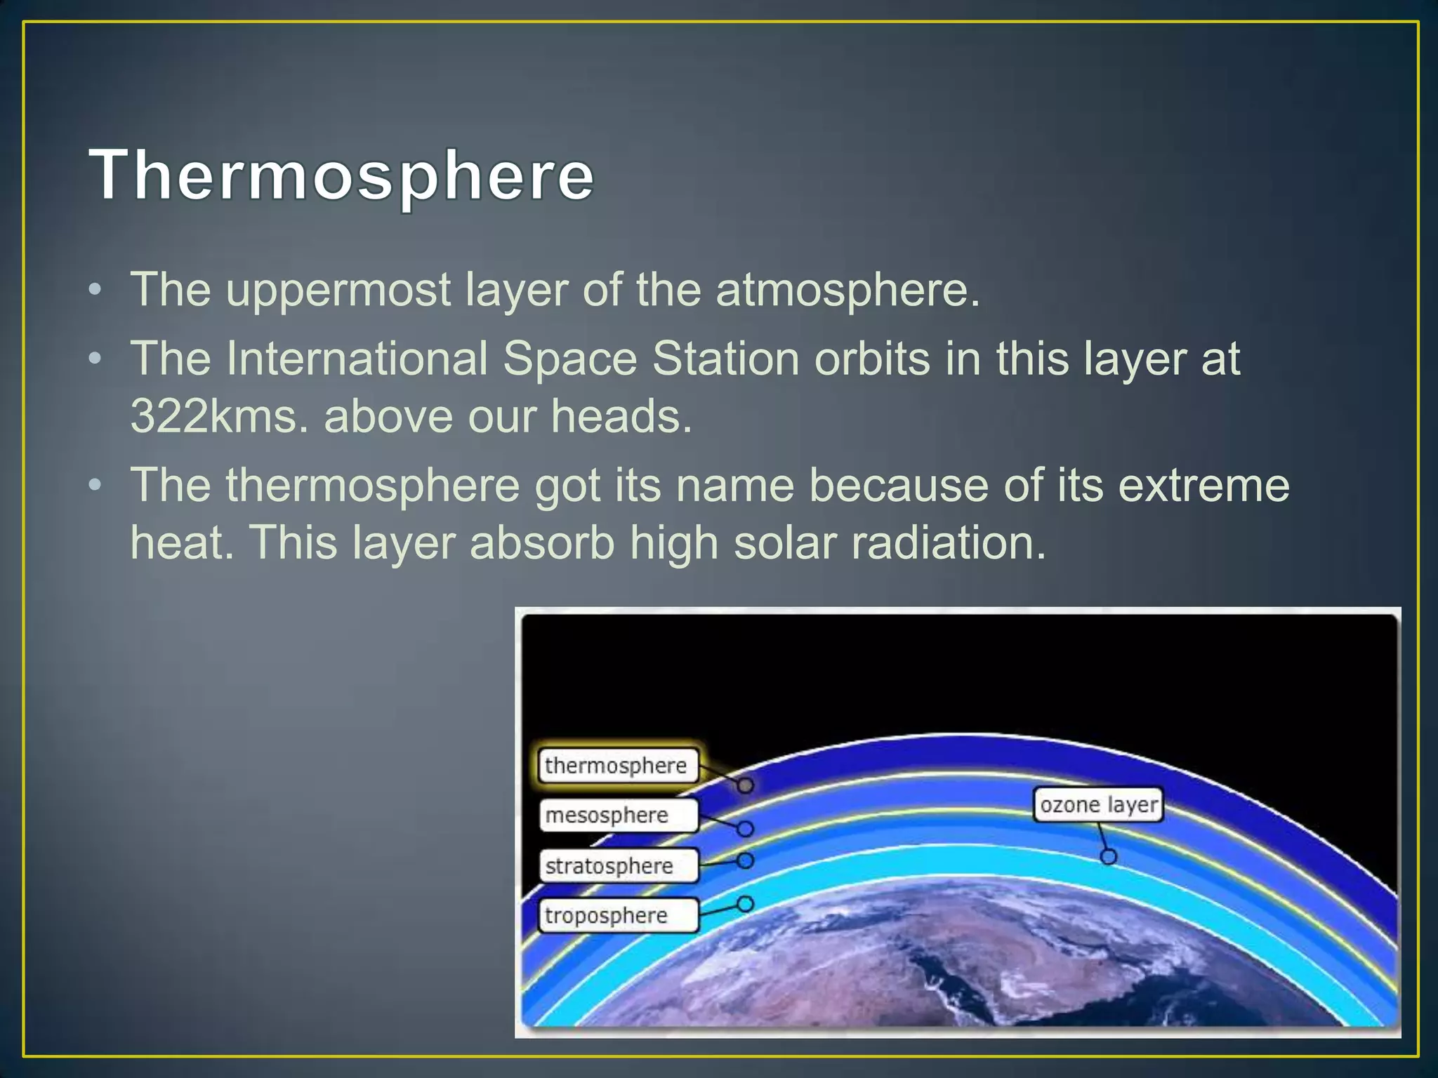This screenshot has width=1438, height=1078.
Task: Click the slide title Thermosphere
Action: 342,175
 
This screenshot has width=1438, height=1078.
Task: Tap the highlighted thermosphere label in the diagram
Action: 617,765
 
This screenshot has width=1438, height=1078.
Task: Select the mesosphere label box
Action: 617,816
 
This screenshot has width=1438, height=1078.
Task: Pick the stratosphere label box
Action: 617,866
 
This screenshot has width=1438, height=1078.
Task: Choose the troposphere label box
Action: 617,916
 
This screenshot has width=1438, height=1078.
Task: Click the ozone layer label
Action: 1097,805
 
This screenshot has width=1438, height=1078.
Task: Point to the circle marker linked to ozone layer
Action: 1108,857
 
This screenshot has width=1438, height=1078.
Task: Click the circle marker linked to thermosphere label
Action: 745,785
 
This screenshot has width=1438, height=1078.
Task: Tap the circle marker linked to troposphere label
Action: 745,904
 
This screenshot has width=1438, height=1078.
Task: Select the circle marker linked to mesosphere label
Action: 745,830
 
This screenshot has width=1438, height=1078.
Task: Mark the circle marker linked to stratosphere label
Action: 745,860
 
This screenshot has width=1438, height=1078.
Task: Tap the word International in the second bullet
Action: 357,359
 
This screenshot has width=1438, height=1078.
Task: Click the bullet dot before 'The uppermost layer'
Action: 95,291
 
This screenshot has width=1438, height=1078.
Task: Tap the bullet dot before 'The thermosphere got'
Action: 95,486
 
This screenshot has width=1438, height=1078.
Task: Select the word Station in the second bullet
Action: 726,359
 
